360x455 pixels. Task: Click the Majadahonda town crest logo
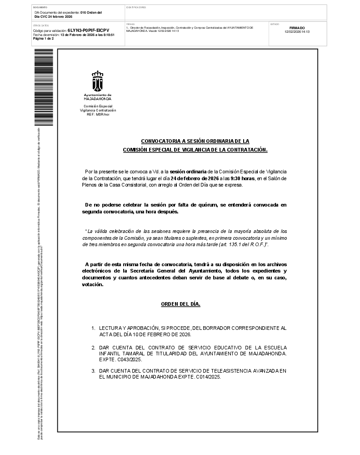point(98,81)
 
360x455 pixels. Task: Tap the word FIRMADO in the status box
point(297,28)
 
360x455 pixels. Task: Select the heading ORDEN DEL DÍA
point(180,304)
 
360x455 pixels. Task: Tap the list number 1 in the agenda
point(93,328)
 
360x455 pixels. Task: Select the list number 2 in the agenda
point(93,347)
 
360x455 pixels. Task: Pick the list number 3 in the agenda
point(93,371)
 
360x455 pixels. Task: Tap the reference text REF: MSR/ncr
point(98,114)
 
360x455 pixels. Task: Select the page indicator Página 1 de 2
point(44,39)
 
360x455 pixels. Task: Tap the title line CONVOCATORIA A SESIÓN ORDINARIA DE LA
point(195,141)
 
